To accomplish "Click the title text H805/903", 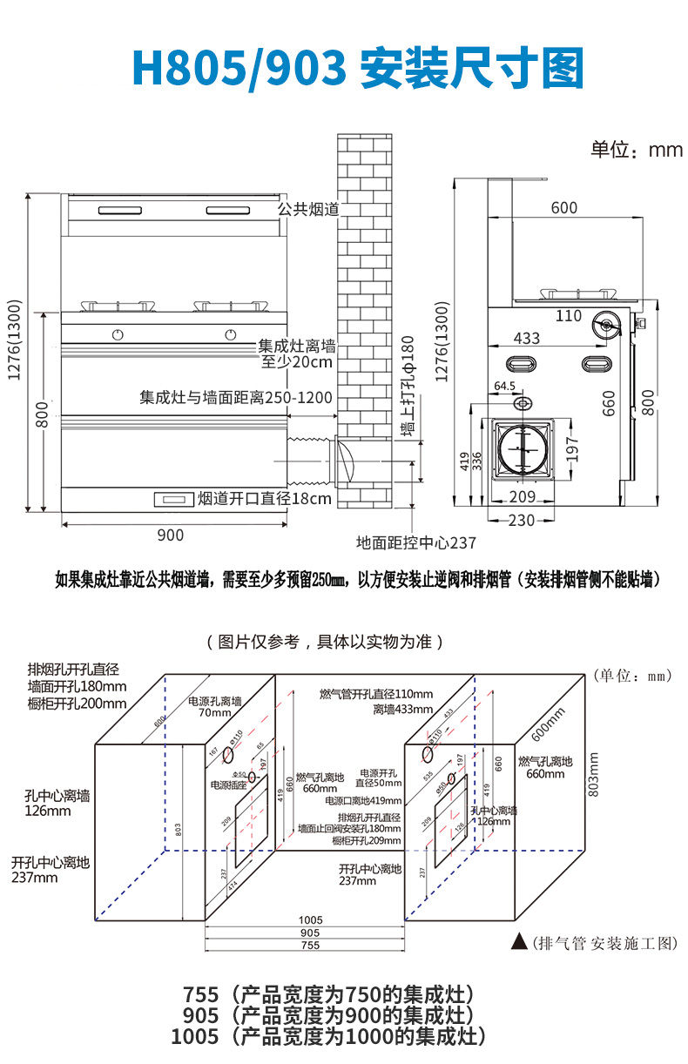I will pos(239,66).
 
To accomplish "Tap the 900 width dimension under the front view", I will pos(170,535).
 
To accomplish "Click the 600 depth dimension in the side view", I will pos(563,207).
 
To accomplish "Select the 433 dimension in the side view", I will pos(526,339).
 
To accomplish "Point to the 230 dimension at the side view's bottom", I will pos(521,520).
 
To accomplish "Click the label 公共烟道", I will pos(307,210).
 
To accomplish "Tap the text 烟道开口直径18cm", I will pos(265,499).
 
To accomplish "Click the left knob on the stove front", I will pos(118,333).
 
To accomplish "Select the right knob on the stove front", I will pos(230,333).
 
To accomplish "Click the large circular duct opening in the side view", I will pos(521,449).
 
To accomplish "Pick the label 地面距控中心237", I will pos(416,542).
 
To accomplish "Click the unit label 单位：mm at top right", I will pos(637,150).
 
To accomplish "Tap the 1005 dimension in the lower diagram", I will pos(310,919).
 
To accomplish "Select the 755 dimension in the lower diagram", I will pos(310,945).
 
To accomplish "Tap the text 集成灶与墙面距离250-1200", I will pos(236,398).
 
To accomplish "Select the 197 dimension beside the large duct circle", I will pos(571,450).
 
